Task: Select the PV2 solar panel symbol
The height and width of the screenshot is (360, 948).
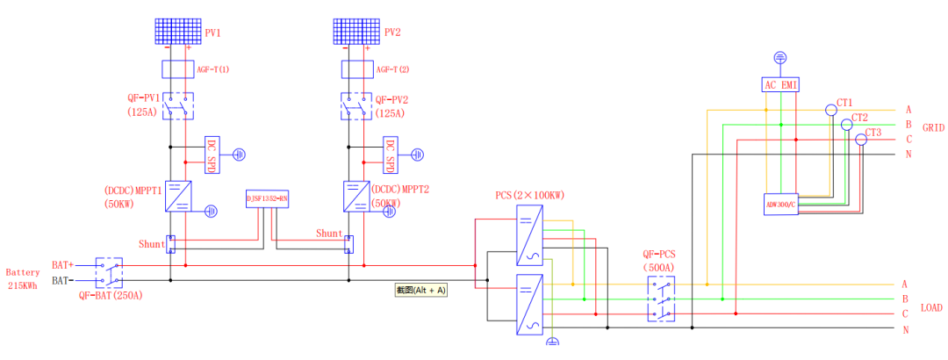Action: pyautogui.click(x=356, y=32)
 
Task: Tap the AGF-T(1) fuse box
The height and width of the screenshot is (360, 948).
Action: pyautogui.click(x=178, y=68)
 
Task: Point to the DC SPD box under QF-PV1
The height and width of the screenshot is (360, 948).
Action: pyautogui.click(x=211, y=155)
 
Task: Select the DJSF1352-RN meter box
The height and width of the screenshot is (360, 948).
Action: pyautogui.click(x=268, y=199)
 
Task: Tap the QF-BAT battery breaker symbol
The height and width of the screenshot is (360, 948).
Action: pyautogui.click(x=109, y=272)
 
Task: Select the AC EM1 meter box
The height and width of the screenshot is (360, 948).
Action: pyautogui.click(x=780, y=84)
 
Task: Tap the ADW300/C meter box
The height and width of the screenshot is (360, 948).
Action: pyautogui.click(x=780, y=205)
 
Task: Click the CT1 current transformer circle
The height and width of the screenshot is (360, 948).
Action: pyautogui.click(x=830, y=111)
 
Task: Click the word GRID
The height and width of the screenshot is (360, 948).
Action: pyautogui.click(x=933, y=127)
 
